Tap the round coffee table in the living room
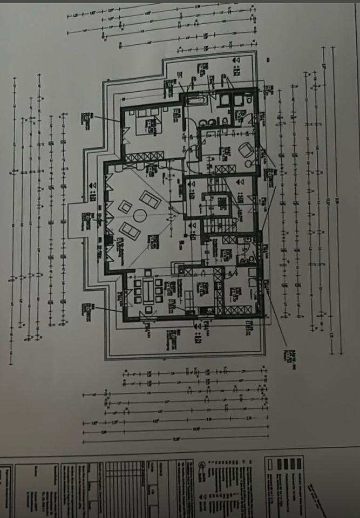point(140,217)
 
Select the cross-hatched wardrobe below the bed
point(146,156)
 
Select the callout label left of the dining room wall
point(86,309)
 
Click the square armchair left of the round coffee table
point(125,206)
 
